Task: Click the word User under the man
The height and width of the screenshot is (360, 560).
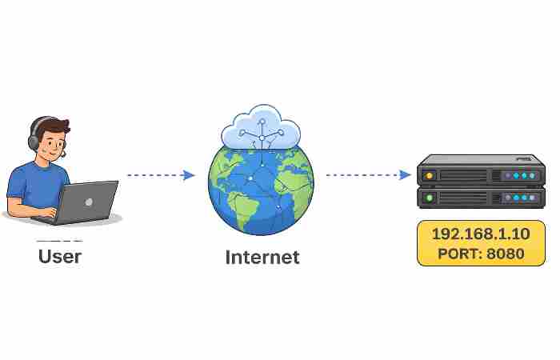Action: (60, 257)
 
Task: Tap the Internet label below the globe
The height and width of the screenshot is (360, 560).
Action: (262, 258)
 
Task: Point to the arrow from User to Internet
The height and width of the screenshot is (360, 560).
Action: (161, 175)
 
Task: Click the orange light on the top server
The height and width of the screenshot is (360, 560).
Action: (430, 175)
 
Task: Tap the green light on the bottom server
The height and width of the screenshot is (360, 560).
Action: (430, 198)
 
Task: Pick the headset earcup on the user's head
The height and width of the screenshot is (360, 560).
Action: (34, 141)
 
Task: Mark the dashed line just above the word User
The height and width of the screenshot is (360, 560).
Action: (59, 241)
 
